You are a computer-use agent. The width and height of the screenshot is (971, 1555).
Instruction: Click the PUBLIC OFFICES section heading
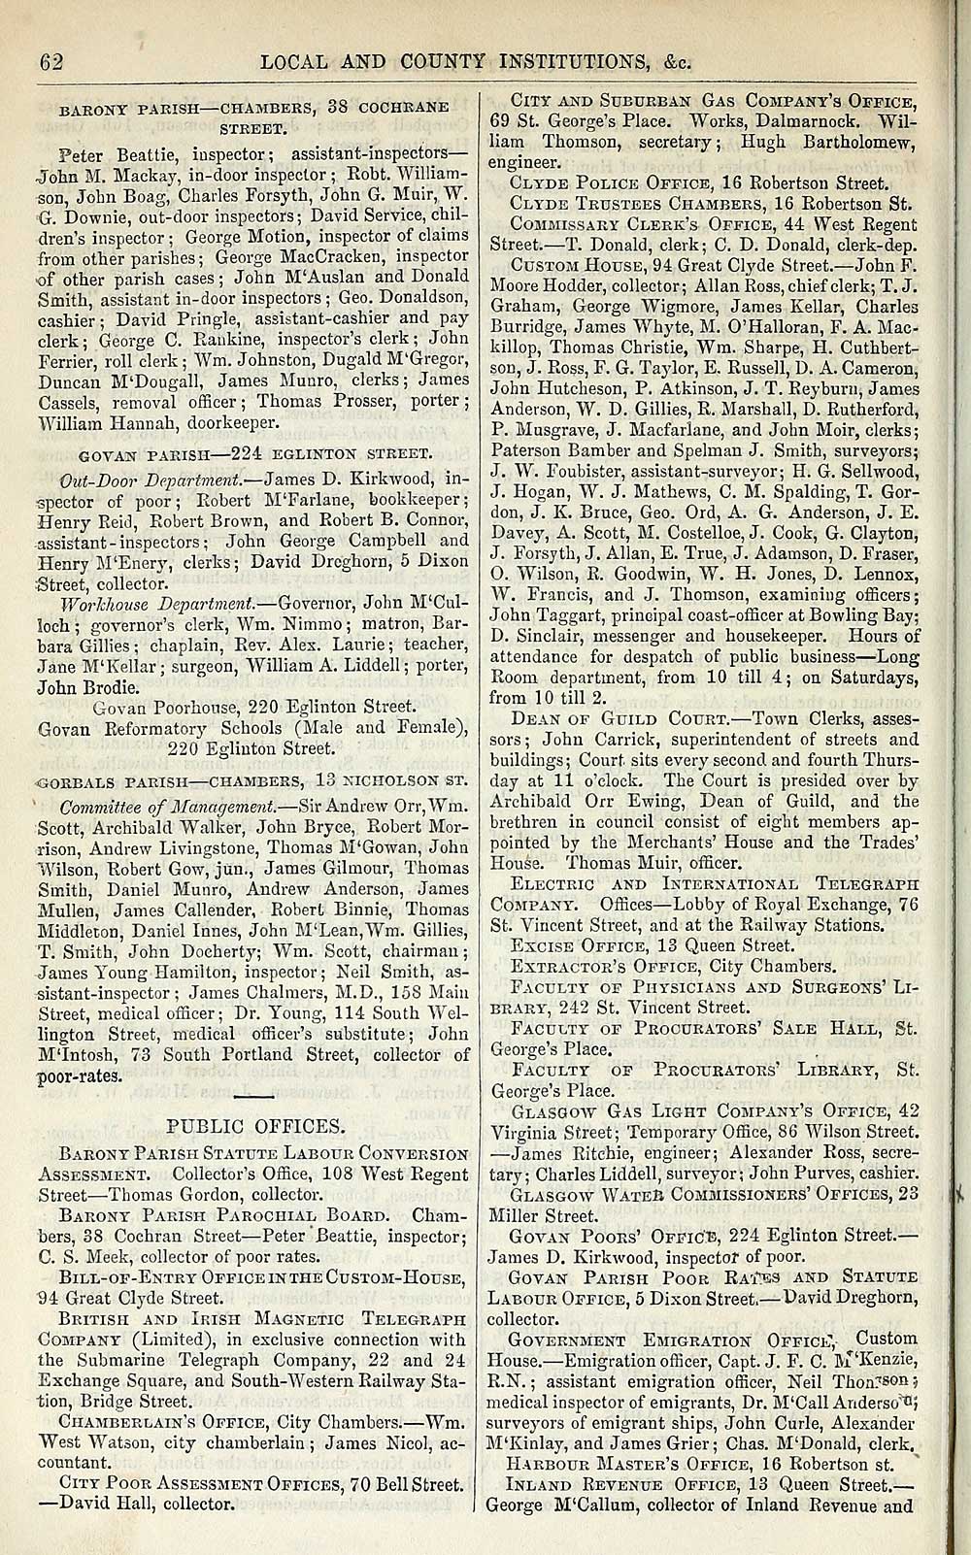256,1126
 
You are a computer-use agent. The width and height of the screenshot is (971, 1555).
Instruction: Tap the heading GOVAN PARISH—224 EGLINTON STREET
254,453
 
